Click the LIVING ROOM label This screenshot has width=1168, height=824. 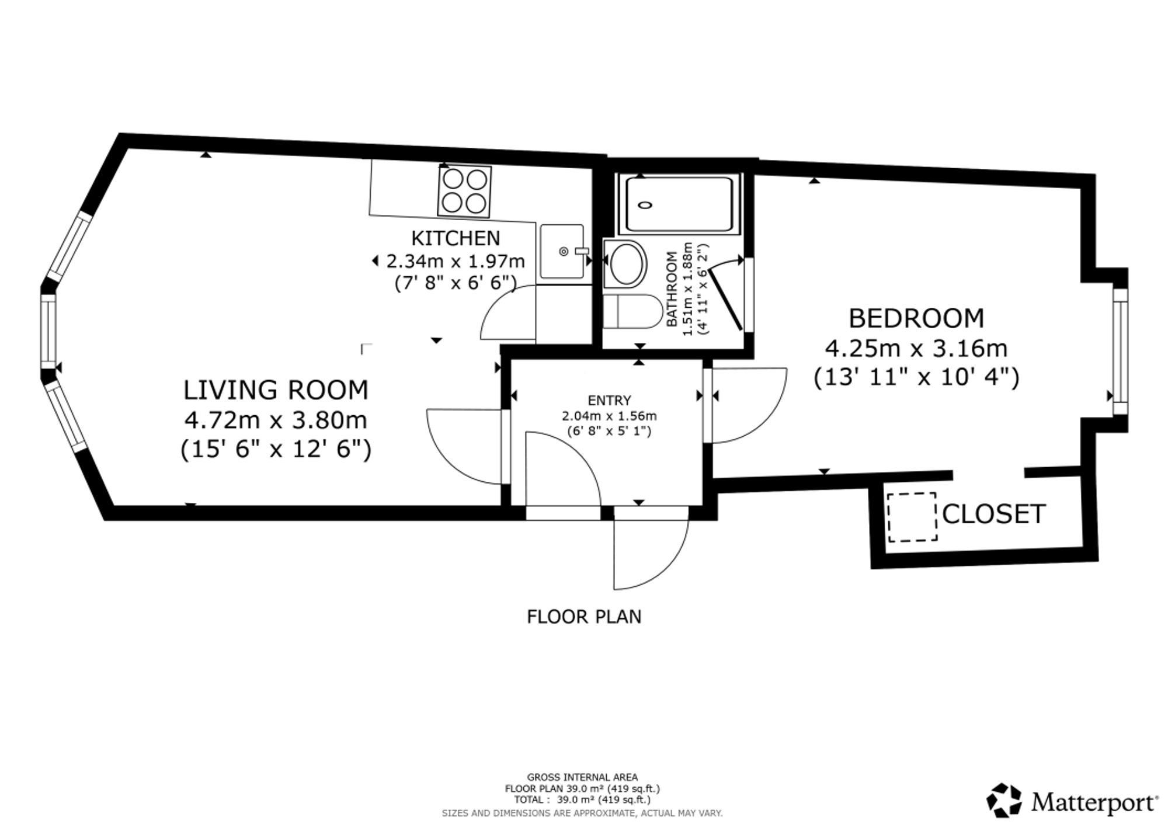coord(276,390)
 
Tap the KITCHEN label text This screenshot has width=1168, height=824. coord(456,238)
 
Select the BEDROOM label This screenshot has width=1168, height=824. coord(916,318)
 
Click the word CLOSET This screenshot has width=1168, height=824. coord(993,514)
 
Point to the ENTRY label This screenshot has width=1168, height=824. coord(609,401)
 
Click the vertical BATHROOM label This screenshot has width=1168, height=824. coord(672,288)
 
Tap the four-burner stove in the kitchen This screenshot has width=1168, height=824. coord(464,191)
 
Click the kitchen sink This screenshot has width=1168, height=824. coord(562,251)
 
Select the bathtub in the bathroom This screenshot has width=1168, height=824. coord(679,205)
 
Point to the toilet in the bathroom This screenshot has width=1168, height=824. coord(631,311)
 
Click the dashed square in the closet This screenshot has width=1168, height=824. coord(912,517)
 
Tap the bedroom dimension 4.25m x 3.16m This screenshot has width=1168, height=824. coord(916,349)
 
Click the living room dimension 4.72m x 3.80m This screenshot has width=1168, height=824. coord(276,420)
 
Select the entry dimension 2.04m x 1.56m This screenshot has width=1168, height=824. coord(609,416)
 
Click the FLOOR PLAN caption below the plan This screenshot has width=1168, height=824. coord(584,617)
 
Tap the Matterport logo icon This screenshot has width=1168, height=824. coord(1004,801)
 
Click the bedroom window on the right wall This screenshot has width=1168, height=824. coord(1120,351)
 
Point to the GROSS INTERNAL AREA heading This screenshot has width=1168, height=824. coord(582,777)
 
